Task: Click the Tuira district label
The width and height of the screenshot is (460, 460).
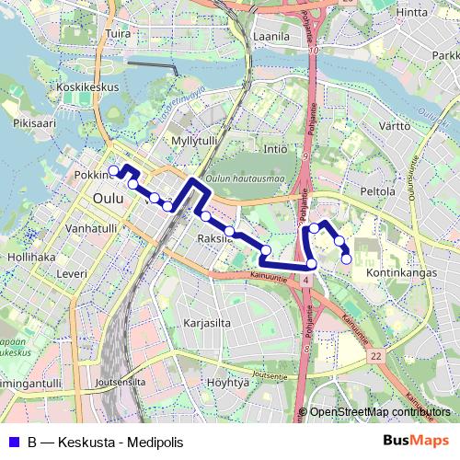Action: [x=118, y=34]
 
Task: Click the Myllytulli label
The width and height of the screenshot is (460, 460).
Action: [x=194, y=140]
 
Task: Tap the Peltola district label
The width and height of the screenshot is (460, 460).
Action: [x=378, y=191]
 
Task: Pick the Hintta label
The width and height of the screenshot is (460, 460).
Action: [x=412, y=12]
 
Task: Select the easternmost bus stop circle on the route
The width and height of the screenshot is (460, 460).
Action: [x=347, y=259]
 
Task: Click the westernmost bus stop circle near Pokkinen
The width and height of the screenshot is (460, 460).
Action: [x=114, y=170]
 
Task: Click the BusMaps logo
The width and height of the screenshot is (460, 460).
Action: [x=416, y=441]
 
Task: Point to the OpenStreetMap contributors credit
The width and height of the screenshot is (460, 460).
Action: [x=380, y=412]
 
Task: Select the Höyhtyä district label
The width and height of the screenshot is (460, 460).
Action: [x=228, y=382]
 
